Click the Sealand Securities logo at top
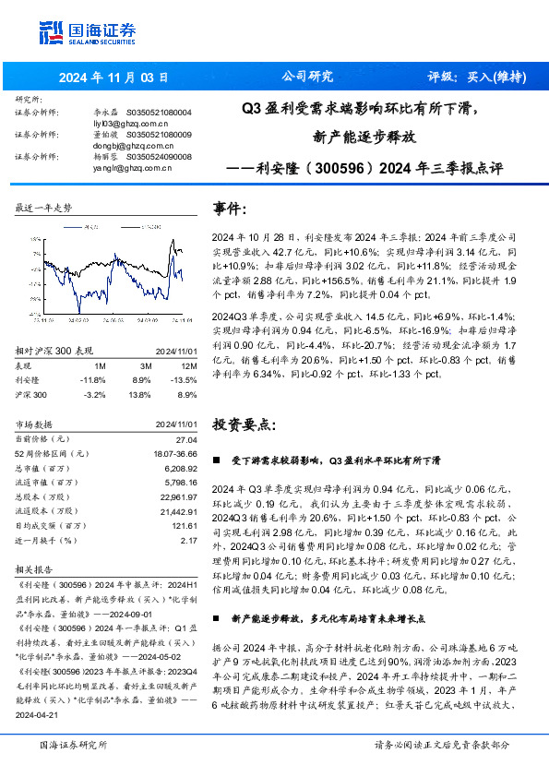point(85,33)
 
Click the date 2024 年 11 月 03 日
point(114,77)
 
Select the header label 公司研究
point(306,77)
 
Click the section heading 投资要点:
point(244,424)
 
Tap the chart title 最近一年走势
point(43,209)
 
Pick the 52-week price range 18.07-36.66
point(170,454)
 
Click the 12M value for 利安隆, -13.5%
point(185,379)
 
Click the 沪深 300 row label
point(33,394)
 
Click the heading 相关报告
point(34,569)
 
